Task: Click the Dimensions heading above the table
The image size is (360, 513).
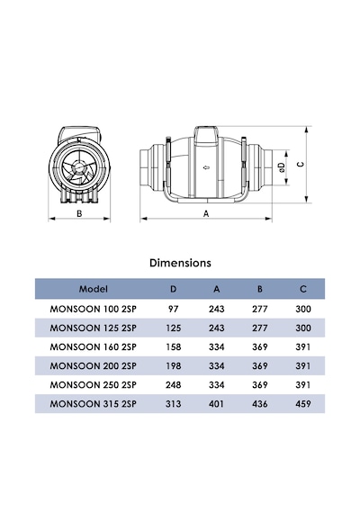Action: coord(180,263)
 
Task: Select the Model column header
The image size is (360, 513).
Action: coord(94,289)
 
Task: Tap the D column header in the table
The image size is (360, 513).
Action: coord(173,289)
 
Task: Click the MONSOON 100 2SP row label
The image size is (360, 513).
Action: coord(93,309)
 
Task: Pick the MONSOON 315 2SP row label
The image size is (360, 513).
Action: coord(93,404)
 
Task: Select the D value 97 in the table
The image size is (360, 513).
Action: coord(173,309)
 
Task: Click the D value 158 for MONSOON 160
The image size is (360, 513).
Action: coord(173,346)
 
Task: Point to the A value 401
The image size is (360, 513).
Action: coord(216,404)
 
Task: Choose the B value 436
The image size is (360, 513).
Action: coord(259,404)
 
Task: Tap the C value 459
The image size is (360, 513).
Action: coord(303,404)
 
